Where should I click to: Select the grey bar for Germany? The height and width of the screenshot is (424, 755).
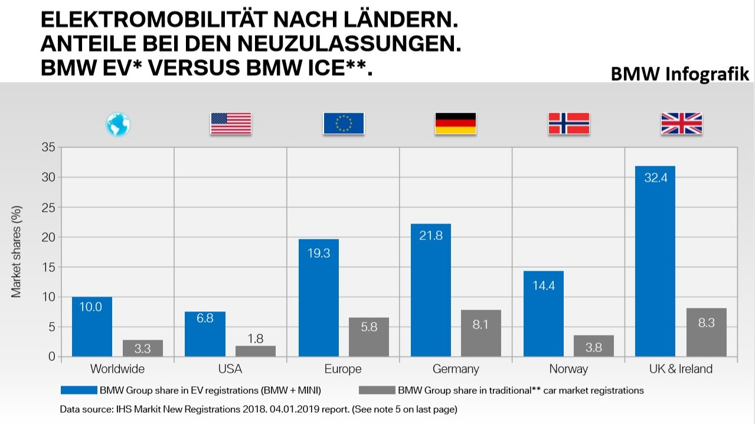point(481,333)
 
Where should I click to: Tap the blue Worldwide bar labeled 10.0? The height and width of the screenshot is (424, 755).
point(92,327)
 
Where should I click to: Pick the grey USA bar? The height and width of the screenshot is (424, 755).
point(255,351)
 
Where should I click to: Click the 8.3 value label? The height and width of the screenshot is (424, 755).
point(706,323)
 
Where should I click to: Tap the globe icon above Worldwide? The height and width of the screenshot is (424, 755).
point(118,124)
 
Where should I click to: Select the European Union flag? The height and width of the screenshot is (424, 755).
point(344,123)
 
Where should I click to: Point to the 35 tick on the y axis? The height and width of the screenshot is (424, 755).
point(49,147)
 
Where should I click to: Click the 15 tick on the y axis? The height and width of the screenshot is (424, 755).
point(49,267)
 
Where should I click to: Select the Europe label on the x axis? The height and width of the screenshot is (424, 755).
point(343,369)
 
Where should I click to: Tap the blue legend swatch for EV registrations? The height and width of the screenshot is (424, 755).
point(78,390)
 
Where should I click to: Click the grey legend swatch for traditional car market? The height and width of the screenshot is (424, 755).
point(376,390)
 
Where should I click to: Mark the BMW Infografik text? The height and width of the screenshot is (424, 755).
point(679,74)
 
